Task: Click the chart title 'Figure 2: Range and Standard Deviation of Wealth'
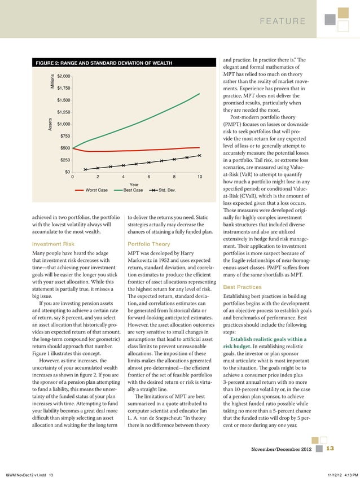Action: point(104,62)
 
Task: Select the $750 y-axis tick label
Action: point(65,136)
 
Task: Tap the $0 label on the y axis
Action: point(67,172)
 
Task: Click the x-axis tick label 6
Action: point(149,177)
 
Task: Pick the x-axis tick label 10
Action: point(200,177)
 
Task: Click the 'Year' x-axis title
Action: point(134,184)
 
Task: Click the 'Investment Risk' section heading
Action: point(53,244)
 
